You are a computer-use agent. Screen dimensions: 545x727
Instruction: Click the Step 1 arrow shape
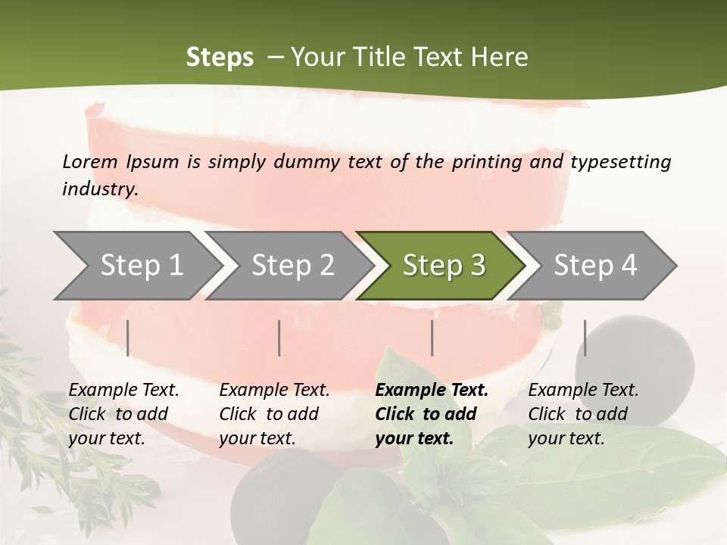click(x=136, y=266)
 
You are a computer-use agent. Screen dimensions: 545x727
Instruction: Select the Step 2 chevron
click(x=292, y=266)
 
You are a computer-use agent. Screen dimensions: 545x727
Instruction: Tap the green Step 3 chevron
click(x=443, y=266)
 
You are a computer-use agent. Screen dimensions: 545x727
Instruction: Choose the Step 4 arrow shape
click(x=594, y=266)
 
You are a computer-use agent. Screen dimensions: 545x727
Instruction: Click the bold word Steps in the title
click(x=220, y=57)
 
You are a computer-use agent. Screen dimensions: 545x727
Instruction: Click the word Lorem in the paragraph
click(x=90, y=161)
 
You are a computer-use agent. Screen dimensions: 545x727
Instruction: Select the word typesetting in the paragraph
click(x=620, y=161)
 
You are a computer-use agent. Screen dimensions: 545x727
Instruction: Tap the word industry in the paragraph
click(x=100, y=188)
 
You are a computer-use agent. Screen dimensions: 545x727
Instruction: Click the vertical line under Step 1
click(x=128, y=338)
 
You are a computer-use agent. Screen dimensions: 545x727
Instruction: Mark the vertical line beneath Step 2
click(x=279, y=338)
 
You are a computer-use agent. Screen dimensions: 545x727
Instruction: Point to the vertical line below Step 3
click(x=432, y=338)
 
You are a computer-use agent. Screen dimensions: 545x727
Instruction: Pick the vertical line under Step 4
click(x=585, y=338)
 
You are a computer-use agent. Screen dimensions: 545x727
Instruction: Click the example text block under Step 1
click(x=123, y=414)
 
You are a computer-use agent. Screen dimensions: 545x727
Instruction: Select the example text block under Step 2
click(x=274, y=414)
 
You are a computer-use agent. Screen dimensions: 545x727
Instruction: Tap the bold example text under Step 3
click(x=432, y=414)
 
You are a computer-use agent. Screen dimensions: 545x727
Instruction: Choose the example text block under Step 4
click(x=583, y=414)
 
